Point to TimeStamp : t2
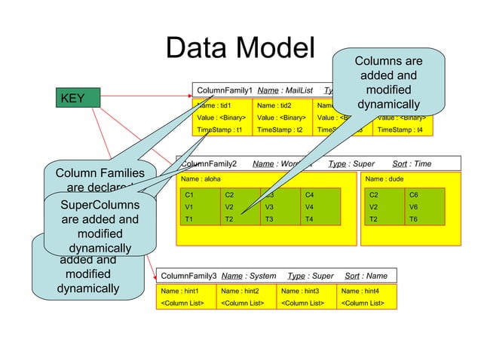tap(279, 130)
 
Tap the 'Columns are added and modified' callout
tap(388, 82)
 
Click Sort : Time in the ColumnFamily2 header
tap(412, 163)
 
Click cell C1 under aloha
tap(189, 194)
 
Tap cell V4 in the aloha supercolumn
tap(309, 206)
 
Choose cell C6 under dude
tap(413, 194)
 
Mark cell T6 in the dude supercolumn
tap(413, 218)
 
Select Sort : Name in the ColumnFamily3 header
tap(366, 276)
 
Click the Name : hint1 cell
tap(179, 291)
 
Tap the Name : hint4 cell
tap(360, 291)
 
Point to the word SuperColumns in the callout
tap(100, 205)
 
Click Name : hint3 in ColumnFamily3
tap(300, 291)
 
